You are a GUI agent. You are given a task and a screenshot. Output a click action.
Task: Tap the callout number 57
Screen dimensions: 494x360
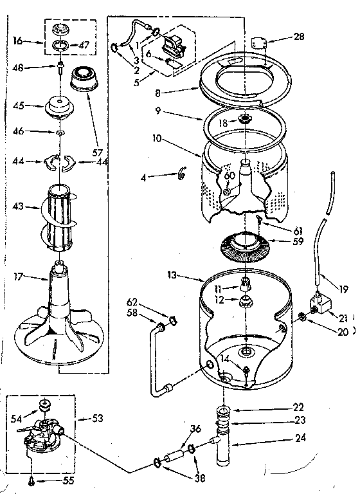tap(98, 153)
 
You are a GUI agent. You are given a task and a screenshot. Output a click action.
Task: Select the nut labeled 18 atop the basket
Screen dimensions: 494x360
tap(244, 120)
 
